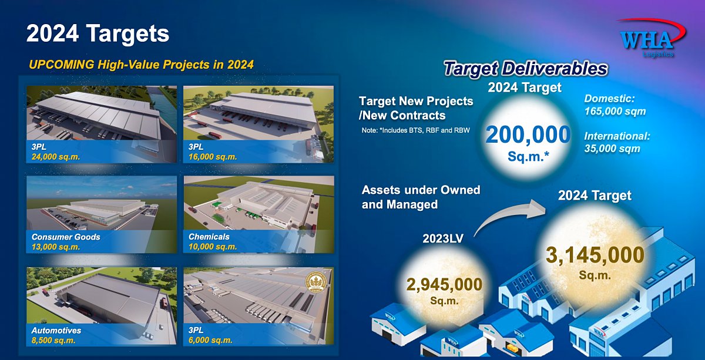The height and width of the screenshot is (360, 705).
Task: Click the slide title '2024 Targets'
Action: click(x=98, y=33)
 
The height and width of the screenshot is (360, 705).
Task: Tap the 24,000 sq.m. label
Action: click(x=55, y=157)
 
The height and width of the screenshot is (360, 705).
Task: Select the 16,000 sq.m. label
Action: click(x=213, y=157)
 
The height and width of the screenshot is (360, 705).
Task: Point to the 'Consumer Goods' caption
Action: click(x=66, y=237)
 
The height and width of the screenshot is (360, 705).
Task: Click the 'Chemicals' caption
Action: click(x=209, y=237)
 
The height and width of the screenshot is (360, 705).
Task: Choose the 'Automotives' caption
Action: click(x=56, y=331)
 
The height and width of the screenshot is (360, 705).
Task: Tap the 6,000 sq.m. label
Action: click(x=210, y=340)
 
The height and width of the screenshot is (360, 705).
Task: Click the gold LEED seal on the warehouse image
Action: click(x=315, y=282)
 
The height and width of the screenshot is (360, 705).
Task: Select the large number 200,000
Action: click(x=528, y=134)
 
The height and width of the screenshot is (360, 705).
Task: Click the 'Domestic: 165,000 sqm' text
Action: click(x=615, y=105)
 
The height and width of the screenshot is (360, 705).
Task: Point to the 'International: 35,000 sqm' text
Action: click(x=617, y=142)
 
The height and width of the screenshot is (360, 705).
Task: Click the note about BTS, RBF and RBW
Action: click(x=415, y=130)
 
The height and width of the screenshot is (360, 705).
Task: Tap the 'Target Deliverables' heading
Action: click(x=526, y=69)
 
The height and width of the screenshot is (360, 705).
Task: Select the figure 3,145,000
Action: click(x=595, y=255)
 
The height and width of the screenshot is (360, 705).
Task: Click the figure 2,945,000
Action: click(x=444, y=285)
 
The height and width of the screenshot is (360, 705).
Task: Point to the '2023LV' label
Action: click(x=443, y=238)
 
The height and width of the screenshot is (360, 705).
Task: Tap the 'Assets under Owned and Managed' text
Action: click(x=421, y=197)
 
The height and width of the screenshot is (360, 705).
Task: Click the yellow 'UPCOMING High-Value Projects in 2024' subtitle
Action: click(x=142, y=65)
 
